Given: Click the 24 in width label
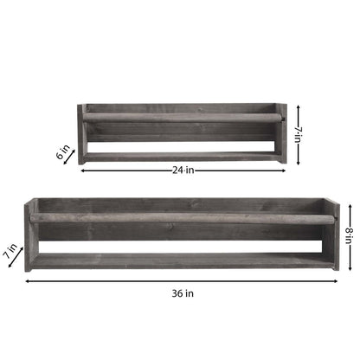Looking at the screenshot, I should (x=182, y=170).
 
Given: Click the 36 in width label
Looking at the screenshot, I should (x=182, y=292).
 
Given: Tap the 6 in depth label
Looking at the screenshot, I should (x=63, y=154).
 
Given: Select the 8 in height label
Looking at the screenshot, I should (x=350, y=235).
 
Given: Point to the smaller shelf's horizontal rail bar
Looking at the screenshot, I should (x=182, y=115).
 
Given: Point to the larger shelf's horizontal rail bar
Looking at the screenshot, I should (x=182, y=218).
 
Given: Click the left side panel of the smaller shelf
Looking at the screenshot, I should (x=82, y=134).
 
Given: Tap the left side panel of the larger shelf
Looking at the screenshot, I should (x=30, y=234).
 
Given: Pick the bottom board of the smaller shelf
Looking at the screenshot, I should (x=182, y=157).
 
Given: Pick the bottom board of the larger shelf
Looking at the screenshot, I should (x=182, y=260).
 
